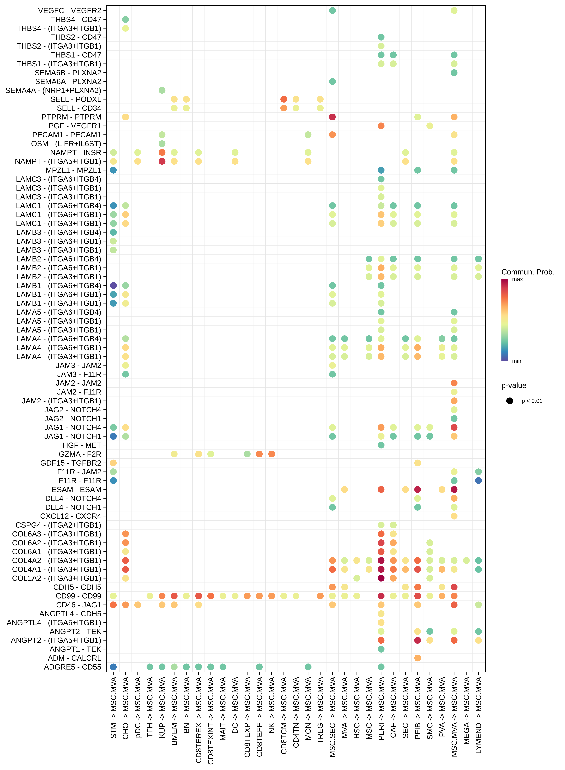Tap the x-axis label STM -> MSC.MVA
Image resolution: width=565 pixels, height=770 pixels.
[114, 707]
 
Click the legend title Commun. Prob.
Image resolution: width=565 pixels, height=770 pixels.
[527, 272]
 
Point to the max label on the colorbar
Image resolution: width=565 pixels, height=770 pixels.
[517, 279]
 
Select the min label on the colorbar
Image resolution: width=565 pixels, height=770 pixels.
[516, 361]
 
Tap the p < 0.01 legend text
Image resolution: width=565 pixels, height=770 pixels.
[532, 401]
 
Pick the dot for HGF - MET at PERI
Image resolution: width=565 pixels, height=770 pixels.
[381, 445]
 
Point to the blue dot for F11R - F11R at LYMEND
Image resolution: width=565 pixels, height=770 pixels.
[478, 480]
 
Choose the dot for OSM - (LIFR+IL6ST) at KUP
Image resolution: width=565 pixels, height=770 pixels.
[162, 144]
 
